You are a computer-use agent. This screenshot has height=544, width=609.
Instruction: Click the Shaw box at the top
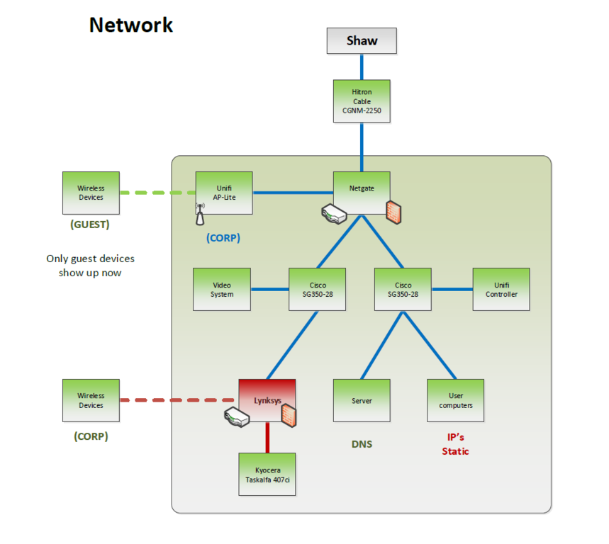pyautogui.click(x=362, y=41)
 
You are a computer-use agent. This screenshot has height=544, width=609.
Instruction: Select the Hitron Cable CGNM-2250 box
pyautogui.click(x=362, y=101)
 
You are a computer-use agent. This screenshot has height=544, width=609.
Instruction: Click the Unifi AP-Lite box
pyautogui.click(x=224, y=192)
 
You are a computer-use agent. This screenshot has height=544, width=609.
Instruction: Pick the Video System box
pyautogui.click(x=222, y=289)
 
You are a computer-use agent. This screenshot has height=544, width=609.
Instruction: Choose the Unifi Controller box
pyautogui.click(x=501, y=289)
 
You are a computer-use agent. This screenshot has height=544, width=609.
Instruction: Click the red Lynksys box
pyautogui.click(x=267, y=400)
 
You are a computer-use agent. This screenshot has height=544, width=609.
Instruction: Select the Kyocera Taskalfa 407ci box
pyautogui.click(x=267, y=474)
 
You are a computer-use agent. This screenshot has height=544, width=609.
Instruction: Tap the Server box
pyautogui.click(x=362, y=400)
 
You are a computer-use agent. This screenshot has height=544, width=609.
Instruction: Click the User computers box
pyautogui.click(x=455, y=400)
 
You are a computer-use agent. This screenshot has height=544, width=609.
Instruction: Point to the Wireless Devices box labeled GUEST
pyautogui.click(x=91, y=193)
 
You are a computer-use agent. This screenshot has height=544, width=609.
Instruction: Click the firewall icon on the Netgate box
pyautogui.click(x=395, y=212)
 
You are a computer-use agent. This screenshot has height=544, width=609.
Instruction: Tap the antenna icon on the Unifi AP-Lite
pyautogui.click(x=200, y=215)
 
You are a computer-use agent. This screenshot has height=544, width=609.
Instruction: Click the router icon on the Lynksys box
pyautogui.click(x=236, y=417)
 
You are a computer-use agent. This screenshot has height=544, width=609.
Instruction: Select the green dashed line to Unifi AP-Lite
pyautogui.click(x=157, y=193)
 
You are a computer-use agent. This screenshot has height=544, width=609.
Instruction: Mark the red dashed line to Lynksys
pyautogui.click(x=179, y=400)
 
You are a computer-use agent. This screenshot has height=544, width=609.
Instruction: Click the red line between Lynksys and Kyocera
pyautogui.click(x=267, y=437)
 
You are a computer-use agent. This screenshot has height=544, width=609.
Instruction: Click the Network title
pyautogui.click(x=131, y=25)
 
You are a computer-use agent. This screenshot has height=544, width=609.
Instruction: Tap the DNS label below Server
pyautogui.click(x=362, y=444)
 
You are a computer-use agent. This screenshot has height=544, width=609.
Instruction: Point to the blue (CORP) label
pyautogui.click(x=223, y=238)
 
